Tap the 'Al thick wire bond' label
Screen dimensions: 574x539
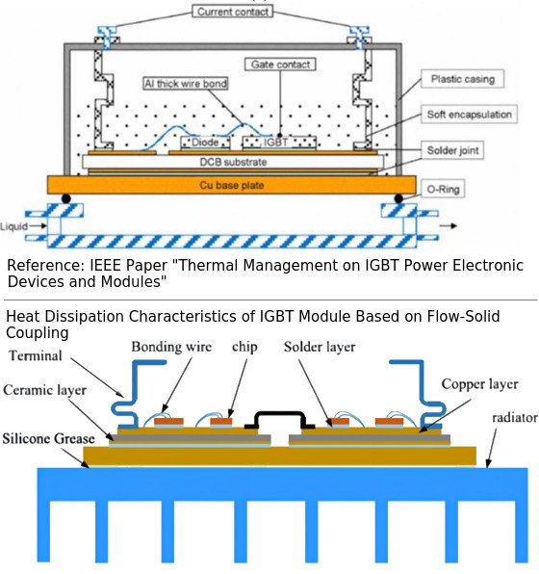(x=186, y=84)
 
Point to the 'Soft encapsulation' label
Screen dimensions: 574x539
(x=469, y=115)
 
